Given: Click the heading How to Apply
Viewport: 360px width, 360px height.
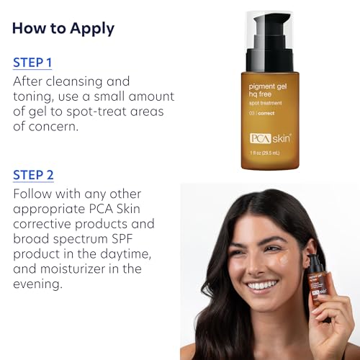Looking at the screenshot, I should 63,29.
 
